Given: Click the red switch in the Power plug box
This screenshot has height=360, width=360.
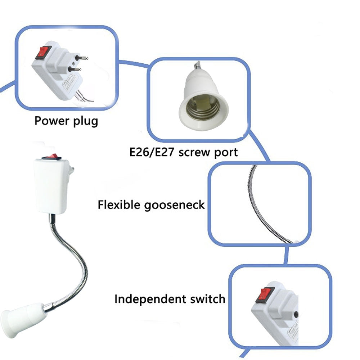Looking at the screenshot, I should pos(41,53).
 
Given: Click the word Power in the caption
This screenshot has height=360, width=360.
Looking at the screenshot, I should pos(49,121).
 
